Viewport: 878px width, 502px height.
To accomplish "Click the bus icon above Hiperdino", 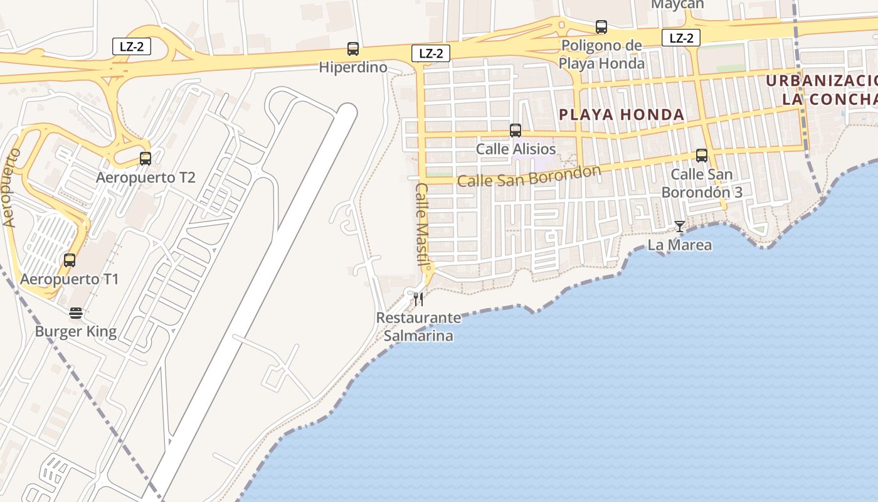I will pos(353,49).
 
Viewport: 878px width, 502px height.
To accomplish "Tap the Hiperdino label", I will pos(353,67).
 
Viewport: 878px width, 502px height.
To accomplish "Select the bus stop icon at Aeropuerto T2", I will pos(145,159).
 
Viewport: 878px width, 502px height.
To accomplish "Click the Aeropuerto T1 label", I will pos(70,279).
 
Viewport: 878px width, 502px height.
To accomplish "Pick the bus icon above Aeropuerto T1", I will pos(70,260).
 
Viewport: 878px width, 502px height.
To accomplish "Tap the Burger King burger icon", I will pos(76,312).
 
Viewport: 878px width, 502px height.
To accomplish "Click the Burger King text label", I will pos(76,331).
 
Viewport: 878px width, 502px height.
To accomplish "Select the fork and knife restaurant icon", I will pos(418,299).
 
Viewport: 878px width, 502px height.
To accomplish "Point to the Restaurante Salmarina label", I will pos(418,327).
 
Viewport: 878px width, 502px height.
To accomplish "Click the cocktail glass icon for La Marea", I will pos(680,226).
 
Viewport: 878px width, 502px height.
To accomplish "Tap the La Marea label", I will pos(680,245).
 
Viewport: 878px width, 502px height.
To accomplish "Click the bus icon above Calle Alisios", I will pos(516,131).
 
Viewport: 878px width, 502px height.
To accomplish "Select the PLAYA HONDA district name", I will pos(621,115).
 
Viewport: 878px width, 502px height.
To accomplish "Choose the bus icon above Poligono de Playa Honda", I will pos(601,27).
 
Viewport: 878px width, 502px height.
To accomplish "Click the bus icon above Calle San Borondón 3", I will pos(702,156).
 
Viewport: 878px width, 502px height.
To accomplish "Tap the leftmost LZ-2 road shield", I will pos(132,46).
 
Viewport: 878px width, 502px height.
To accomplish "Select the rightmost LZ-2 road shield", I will pos(681,38).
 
